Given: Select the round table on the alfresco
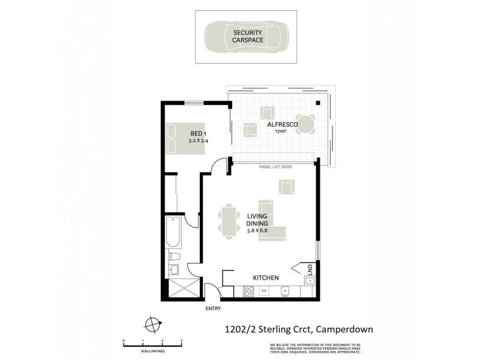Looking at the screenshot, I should [306, 124].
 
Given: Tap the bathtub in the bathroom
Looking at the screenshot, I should [171, 233].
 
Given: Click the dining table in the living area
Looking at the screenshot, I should [229, 221].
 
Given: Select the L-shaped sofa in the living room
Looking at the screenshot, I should [271, 221].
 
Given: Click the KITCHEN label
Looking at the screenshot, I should [266, 278].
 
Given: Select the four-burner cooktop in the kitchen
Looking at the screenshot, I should [248, 292].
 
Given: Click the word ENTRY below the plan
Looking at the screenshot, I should [213, 309].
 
